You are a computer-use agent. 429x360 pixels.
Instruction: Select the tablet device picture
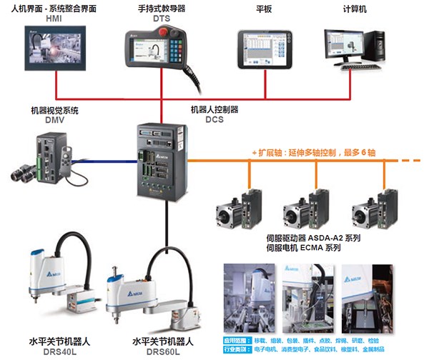tap(265, 49)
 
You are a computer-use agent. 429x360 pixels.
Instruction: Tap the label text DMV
tap(52, 121)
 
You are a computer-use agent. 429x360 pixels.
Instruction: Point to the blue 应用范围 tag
tap(237, 341)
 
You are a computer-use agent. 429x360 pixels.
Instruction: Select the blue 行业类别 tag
tap(237, 351)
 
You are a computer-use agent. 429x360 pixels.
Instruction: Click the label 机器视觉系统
tap(52, 111)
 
